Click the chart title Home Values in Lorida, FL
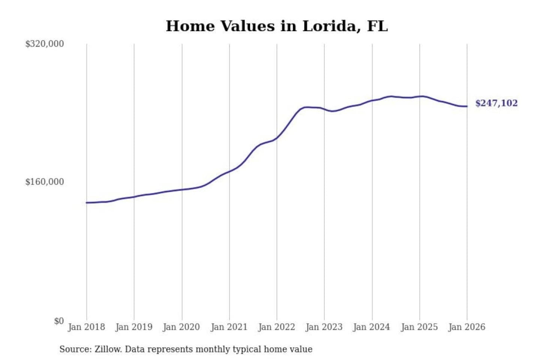(277, 26)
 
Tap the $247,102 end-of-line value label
(496, 103)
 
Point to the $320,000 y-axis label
(45, 44)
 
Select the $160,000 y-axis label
(45, 182)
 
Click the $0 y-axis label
(59, 321)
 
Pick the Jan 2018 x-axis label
(86, 327)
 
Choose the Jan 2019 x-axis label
(134, 327)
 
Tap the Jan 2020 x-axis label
(181, 327)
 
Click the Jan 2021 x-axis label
(229, 327)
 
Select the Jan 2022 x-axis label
(277, 327)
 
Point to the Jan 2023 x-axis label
(324, 327)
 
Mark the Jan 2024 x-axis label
(372, 327)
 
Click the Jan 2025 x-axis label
(419, 327)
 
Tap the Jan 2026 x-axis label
(467, 327)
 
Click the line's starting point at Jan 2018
(87, 202)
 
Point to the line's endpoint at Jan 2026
(467, 106)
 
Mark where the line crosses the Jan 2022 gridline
(277, 138)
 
